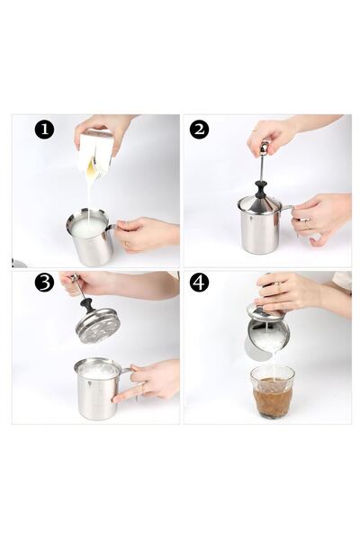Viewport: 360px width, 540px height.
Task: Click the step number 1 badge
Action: tap(44, 130)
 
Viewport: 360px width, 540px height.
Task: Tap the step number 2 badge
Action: tap(199, 130)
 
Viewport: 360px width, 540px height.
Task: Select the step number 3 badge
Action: tap(44, 283)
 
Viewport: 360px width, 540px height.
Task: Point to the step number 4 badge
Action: tap(199, 283)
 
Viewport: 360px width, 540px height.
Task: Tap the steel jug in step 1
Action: tap(90, 237)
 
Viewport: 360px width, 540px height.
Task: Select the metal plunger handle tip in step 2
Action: tap(264, 146)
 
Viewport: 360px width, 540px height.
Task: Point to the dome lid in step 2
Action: tap(262, 203)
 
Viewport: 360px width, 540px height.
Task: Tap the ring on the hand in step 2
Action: tap(305, 226)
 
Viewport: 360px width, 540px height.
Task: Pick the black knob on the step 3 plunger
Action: tap(87, 305)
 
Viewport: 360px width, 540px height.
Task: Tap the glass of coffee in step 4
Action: tap(273, 391)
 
